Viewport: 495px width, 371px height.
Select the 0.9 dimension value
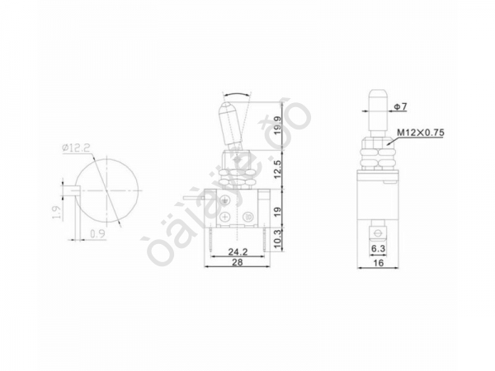tap(99, 232)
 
